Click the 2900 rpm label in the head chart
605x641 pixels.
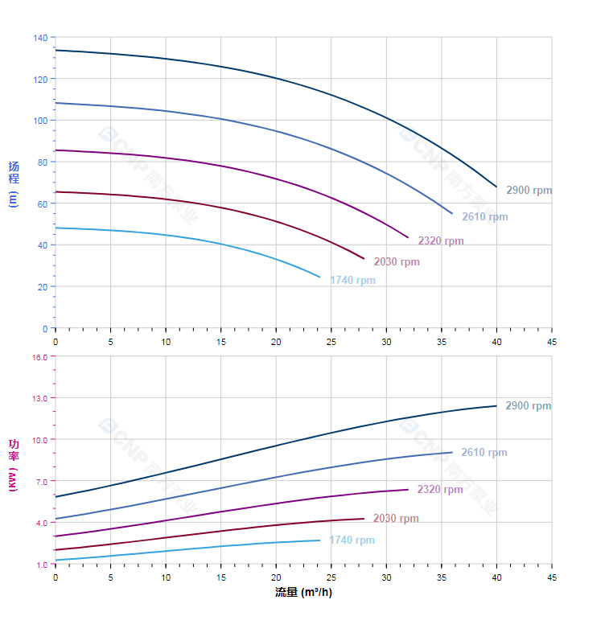tap(529, 191)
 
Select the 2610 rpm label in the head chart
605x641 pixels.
tap(484, 217)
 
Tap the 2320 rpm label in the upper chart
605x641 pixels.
tap(440, 241)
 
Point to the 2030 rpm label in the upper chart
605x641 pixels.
tap(396, 262)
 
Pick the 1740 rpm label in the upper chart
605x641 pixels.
tap(352, 281)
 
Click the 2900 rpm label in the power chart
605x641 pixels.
tap(528, 406)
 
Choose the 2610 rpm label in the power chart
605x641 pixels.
tap(484, 453)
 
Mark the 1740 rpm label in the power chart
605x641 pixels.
tap(352, 540)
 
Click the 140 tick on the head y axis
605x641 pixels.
tap(40, 38)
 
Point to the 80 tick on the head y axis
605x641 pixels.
tap(43, 162)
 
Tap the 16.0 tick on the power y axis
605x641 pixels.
tap(39, 356)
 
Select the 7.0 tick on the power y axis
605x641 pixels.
tap(42, 482)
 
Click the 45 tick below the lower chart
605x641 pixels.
tap(552, 577)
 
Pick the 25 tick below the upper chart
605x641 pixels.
tap(331, 342)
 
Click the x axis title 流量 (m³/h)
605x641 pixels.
tap(303, 593)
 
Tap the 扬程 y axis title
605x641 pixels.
tap(13, 173)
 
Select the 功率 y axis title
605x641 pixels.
tap(13, 450)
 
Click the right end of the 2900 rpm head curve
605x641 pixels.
tap(496, 187)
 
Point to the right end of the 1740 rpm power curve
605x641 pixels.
tap(319, 540)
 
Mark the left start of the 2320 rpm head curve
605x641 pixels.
tap(56, 150)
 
